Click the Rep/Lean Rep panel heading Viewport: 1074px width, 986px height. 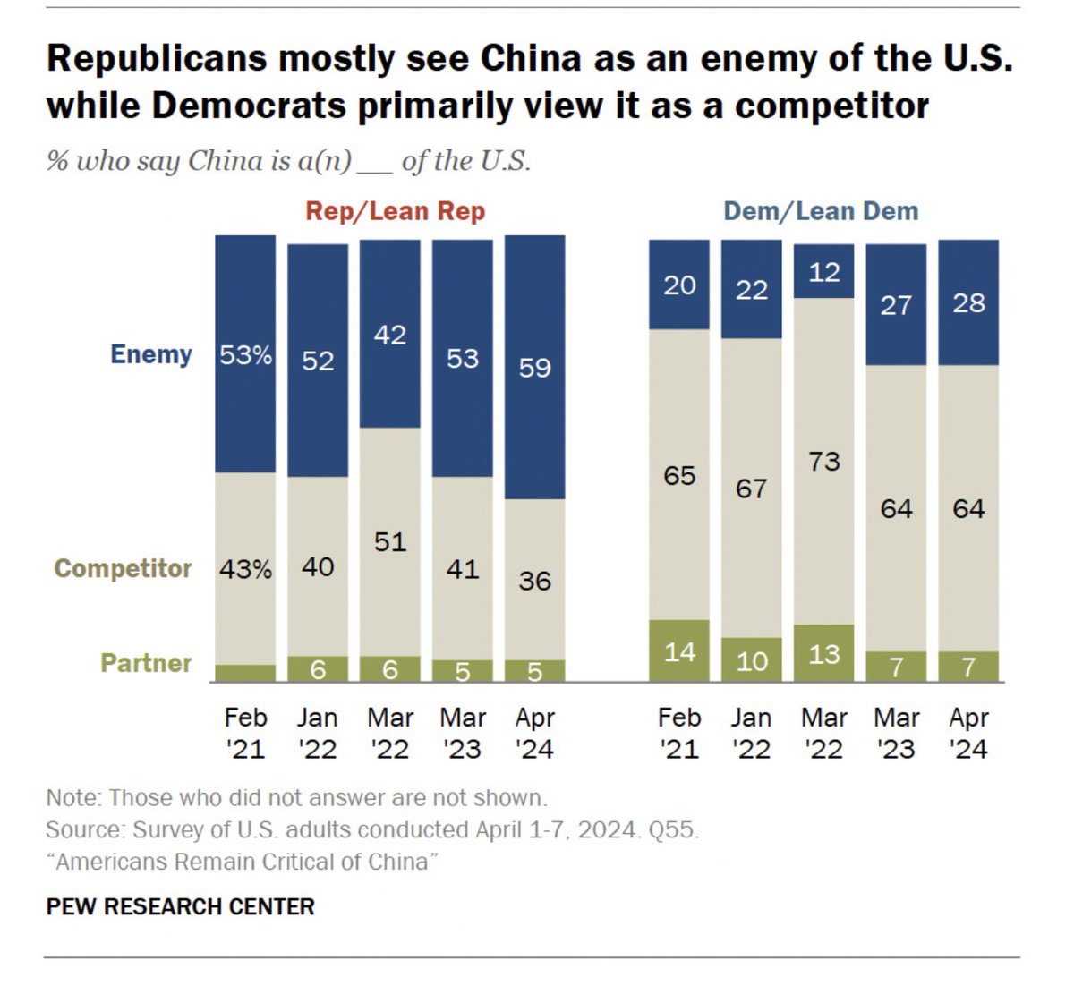coord(395,211)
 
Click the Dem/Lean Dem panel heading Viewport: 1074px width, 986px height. coord(821,211)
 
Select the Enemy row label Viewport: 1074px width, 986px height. coord(151,354)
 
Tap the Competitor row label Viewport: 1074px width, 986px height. coord(123,568)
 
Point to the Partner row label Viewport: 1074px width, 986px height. coord(146,663)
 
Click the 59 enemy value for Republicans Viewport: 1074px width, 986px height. coord(534,368)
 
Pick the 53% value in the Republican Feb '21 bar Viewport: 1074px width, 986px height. coord(245,355)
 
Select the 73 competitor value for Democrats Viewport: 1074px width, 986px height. coord(823,462)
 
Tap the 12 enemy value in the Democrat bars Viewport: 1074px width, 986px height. coord(823,272)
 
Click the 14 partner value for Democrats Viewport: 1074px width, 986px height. coord(679,651)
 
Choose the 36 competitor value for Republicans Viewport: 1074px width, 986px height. coord(534,582)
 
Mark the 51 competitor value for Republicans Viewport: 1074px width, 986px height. coord(390,542)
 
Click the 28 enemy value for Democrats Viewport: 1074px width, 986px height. coord(968,303)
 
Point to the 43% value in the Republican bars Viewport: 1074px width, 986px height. coord(245,569)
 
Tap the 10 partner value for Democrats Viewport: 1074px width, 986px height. coord(751,661)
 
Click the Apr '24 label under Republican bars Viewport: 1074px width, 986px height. coord(534,733)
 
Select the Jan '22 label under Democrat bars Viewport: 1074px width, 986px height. coord(751,733)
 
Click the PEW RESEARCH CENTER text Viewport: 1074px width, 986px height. coord(180,906)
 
